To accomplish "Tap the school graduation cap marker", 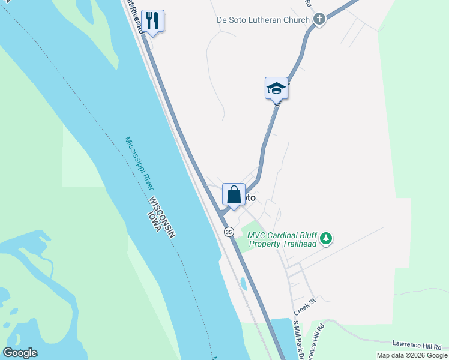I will pyautogui.click(x=277, y=88).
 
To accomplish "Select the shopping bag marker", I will pyautogui.click(x=234, y=195).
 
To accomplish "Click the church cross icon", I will pyautogui.click(x=319, y=20).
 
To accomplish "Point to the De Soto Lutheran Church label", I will pyautogui.click(x=263, y=20).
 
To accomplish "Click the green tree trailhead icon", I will pyautogui.click(x=326, y=239).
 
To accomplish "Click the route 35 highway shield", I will pyautogui.click(x=229, y=232).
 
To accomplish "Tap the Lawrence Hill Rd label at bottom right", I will pyautogui.click(x=417, y=344).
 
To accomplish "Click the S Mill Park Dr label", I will pyautogui.click(x=298, y=341).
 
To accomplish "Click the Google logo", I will pyautogui.click(x=20, y=353).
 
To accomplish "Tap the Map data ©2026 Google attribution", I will pyautogui.click(x=411, y=355).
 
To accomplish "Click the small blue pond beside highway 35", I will pyautogui.click(x=243, y=283).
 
